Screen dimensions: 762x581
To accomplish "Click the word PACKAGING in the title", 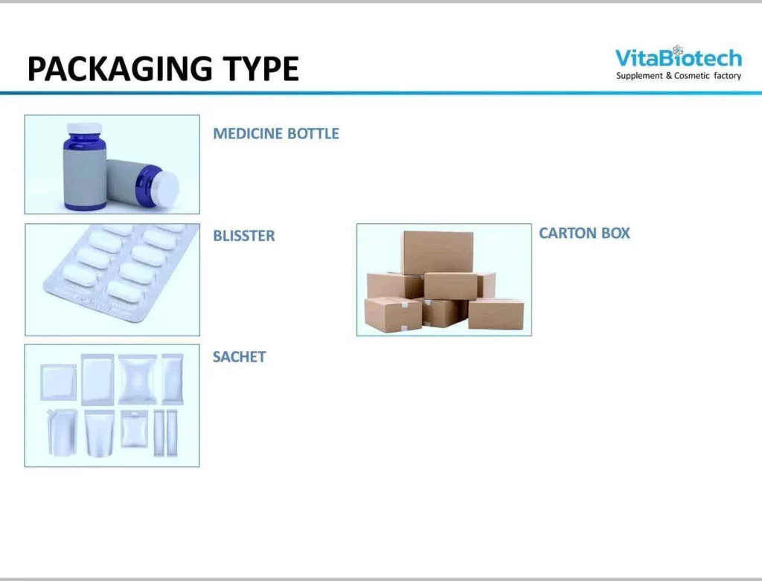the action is pyautogui.click(x=120, y=68).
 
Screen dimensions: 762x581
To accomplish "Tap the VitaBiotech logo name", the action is pyautogui.click(x=679, y=58).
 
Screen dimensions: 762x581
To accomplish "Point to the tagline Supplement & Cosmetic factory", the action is pyautogui.click(x=679, y=76).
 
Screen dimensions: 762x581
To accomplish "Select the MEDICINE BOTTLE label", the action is pyautogui.click(x=276, y=134).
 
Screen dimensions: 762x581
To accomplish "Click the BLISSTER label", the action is pyautogui.click(x=244, y=236).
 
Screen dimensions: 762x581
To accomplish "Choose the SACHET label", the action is pyautogui.click(x=239, y=357).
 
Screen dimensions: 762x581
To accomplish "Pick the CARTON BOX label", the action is pyautogui.click(x=584, y=233).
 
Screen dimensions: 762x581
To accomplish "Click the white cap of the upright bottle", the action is pyautogui.click(x=84, y=128).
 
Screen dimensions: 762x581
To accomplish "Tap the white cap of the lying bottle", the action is pyautogui.click(x=167, y=189).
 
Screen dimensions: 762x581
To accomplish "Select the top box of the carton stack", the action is pyautogui.click(x=438, y=252).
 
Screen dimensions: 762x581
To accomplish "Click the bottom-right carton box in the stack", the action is pyautogui.click(x=496, y=314).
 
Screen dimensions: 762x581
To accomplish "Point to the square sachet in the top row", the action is pyautogui.click(x=58, y=382).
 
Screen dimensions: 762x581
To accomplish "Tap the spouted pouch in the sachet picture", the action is pyautogui.click(x=63, y=432).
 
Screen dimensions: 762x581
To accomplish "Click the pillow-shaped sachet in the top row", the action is pyautogui.click(x=138, y=379).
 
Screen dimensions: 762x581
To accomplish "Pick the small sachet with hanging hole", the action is pyautogui.click(x=135, y=429).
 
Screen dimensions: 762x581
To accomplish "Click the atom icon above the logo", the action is pyautogui.click(x=678, y=50).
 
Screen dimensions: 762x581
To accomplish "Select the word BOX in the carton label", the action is pyautogui.click(x=615, y=233).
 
